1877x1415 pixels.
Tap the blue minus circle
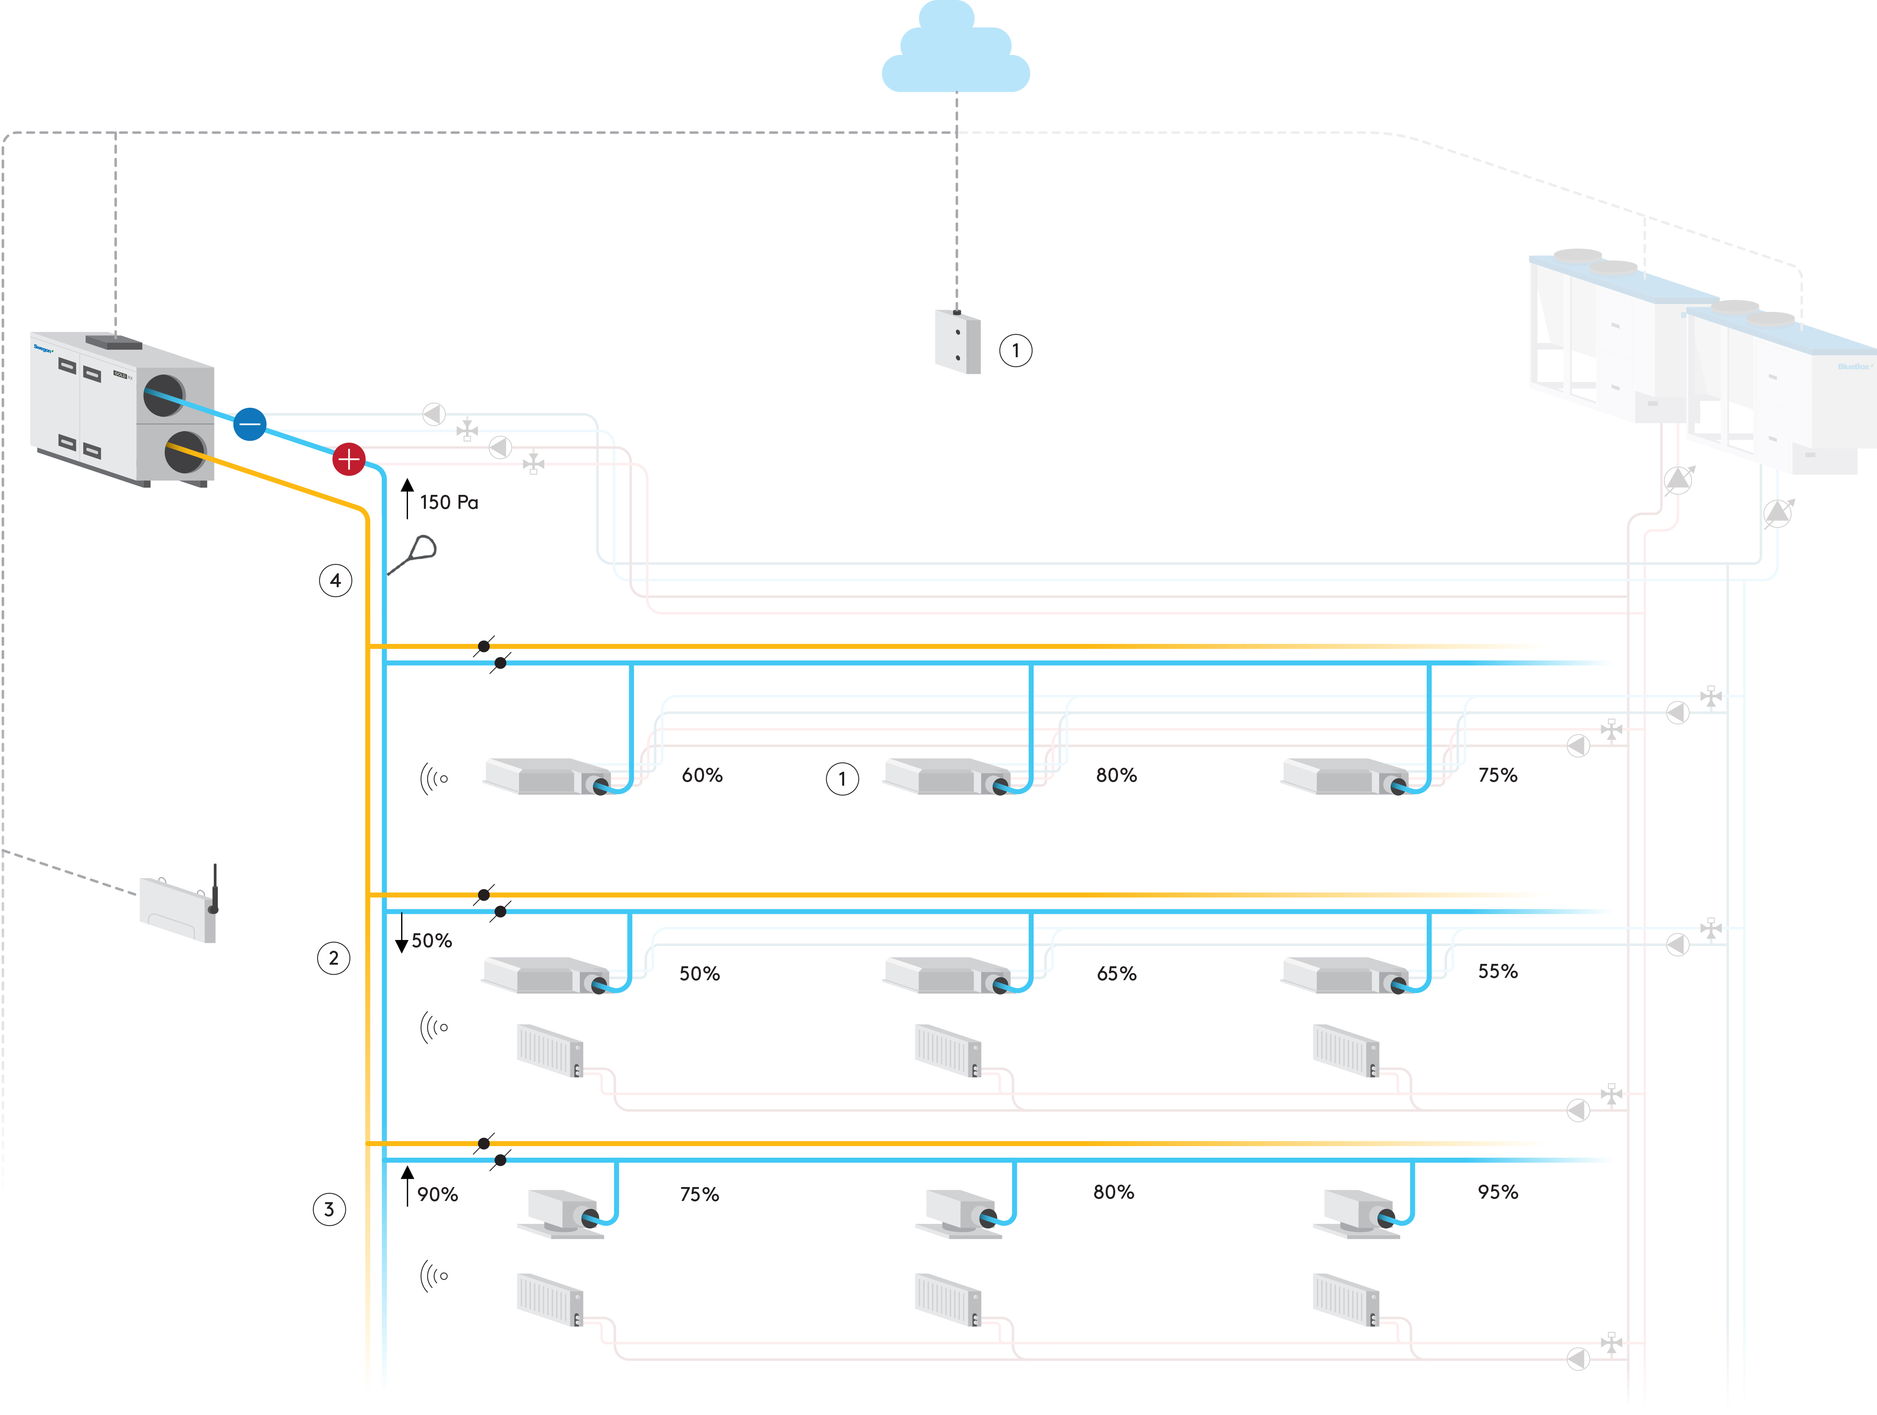250,423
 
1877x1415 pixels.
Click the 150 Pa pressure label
449,502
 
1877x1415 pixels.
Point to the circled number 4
335,580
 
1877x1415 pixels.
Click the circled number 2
334,958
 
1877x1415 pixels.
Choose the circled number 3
329,1209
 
